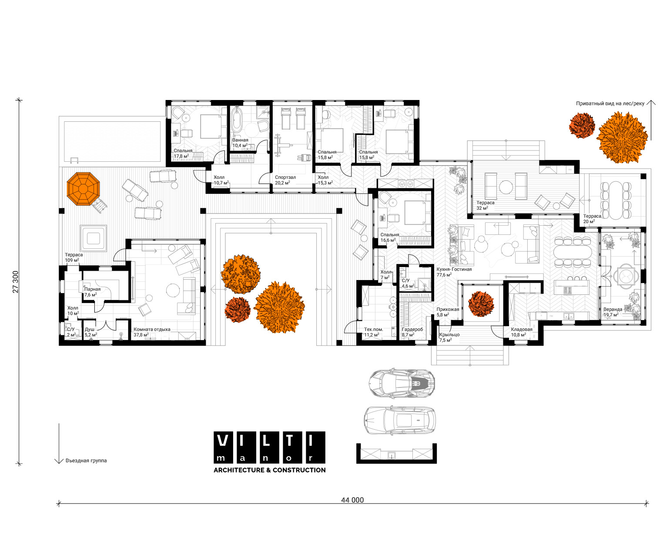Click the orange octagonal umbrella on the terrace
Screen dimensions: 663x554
pyautogui.click(x=83, y=189)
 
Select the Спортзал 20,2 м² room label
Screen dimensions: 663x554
pyautogui.click(x=285, y=180)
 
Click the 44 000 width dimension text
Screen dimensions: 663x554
pyautogui.click(x=352, y=500)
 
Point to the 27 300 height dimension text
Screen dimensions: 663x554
pyautogui.click(x=15, y=282)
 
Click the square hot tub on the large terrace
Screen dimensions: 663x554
pyautogui.click(x=94, y=238)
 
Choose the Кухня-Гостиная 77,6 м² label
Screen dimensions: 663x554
pyautogui.click(x=454, y=272)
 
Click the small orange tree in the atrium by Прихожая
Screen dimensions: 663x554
pyautogui.click(x=481, y=304)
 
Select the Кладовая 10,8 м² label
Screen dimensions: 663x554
pyautogui.click(x=521, y=332)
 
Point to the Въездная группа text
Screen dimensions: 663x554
pyautogui.click(x=86, y=461)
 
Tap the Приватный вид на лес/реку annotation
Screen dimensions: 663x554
pyautogui.click(x=610, y=103)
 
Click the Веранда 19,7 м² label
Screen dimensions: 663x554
pyautogui.click(x=613, y=312)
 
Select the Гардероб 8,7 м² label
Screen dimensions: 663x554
pyautogui.click(x=412, y=332)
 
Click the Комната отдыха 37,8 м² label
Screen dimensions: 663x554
pyautogui.click(x=152, y=332)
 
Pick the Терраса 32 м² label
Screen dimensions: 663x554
pyautogui.click(x=485, y=205)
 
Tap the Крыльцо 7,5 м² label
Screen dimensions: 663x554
pyautogui.click(x=449, y=337)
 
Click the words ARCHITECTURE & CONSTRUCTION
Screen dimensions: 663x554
pyautogui.click(x=270, y=470)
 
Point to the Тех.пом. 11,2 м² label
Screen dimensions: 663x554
pyautogui.click(x=373, y=332)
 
